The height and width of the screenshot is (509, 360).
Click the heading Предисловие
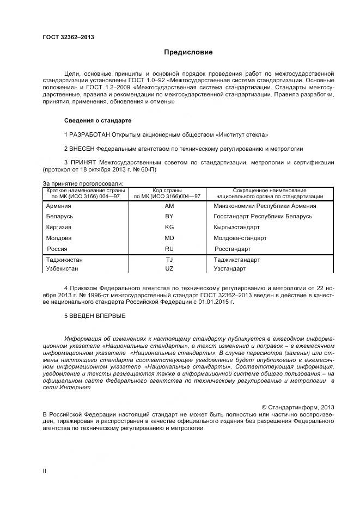pyautogui.click(x=188, y=52)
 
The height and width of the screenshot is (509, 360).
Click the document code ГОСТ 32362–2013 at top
pyautogui.click(x=68, y=37)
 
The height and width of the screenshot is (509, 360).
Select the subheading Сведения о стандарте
pyautogui.click(x=97, y=120)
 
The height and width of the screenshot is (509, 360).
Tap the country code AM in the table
pyautogui.click(x=169, y=206)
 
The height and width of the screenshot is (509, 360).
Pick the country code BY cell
pyautogui.click(x=169, y=217)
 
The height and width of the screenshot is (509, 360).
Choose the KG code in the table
pyautogui.click(x=169, y=228)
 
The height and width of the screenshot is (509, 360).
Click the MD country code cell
pyautogui.click(x=169, y=238)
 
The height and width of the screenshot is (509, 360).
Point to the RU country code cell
pyautogui.click(x=169, y=249)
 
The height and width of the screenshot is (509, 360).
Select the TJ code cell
pyautogui.click(x=169, y=260)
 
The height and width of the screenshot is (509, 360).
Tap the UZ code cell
pyautogui.click(x=169, y=269)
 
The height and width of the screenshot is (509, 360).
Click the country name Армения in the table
pyautogui.click(x=59, y=206)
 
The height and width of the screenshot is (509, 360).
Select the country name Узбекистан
pyautogui.click(x=62, y=269)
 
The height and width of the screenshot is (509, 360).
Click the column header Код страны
pyautogui.click(x=167, y=190)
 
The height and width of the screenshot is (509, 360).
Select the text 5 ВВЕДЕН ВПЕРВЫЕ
pyautogui.click(x=95, y=315)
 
